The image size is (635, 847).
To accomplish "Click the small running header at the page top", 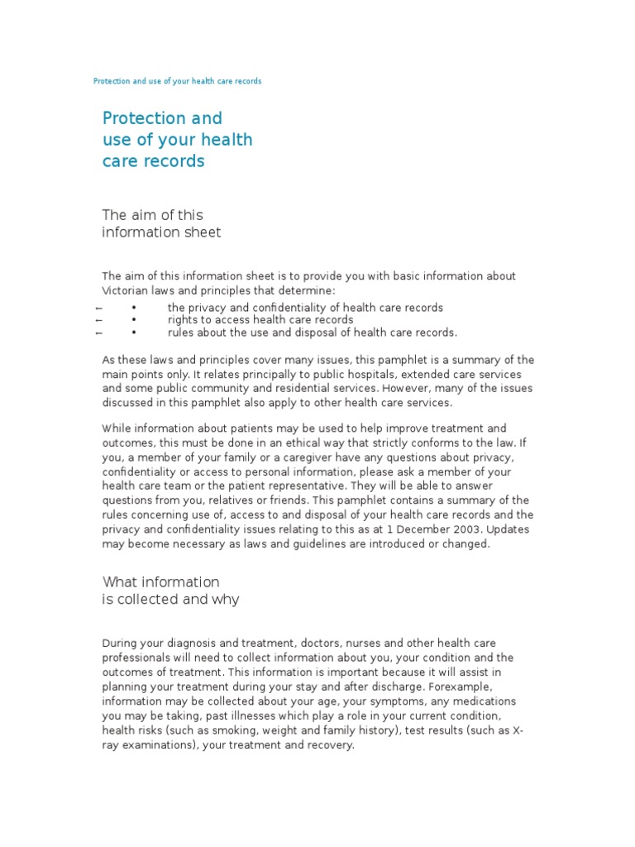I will point(177,82).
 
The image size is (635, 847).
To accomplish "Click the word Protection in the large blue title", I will point(141,118).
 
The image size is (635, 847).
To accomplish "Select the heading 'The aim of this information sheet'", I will point(161,223).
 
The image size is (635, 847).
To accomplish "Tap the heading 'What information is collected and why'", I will point(170,590).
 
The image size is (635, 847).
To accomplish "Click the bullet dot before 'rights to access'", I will point(133,320).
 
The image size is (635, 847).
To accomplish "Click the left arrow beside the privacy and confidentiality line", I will point(98,308).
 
